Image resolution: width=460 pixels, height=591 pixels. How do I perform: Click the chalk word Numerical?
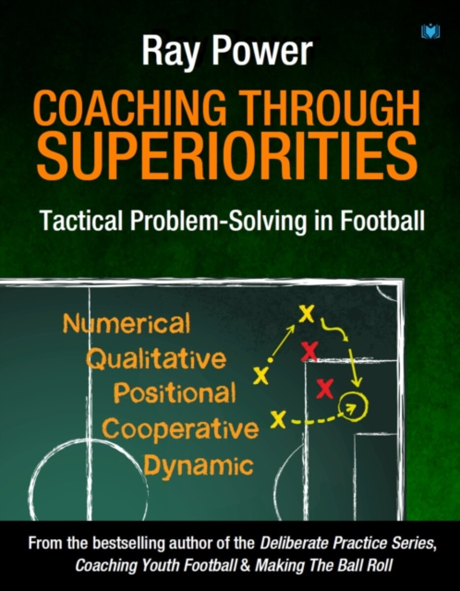[126, 325]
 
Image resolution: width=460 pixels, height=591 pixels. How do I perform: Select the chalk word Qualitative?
[156, 360]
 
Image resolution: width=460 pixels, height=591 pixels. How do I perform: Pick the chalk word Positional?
[175, 393]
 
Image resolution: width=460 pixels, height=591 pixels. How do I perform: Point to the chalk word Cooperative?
[180, 428]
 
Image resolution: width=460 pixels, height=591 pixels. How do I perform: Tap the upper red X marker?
[309, 351]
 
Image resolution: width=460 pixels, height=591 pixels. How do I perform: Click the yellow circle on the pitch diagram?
[354, 405]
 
